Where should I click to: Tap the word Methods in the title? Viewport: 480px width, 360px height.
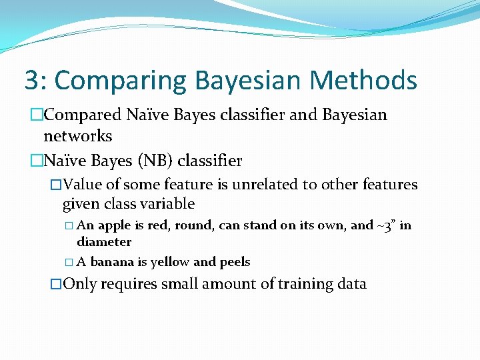(x=363, y=81)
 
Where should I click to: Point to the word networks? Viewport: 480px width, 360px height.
(x=77, y=137)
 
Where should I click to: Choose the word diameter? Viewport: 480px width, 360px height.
(x=104, y=242)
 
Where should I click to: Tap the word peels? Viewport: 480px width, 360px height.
(x=230, y=262)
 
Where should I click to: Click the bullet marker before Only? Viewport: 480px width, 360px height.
(x=56, y=284)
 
